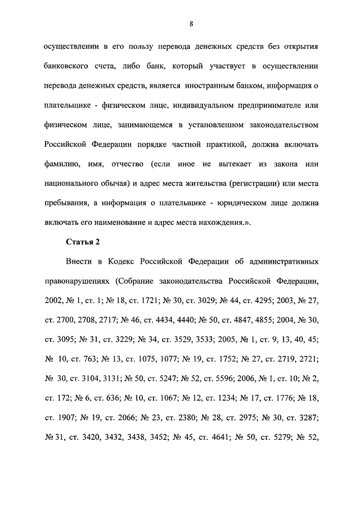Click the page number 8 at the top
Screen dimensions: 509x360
(x=192, y=23)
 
